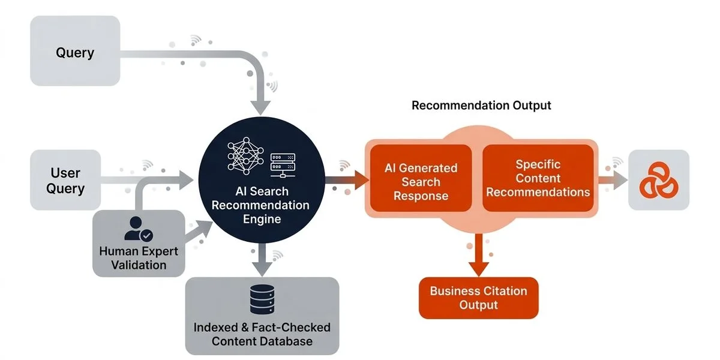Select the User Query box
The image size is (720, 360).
click(65, 180)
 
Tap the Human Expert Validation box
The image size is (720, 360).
click(139, 243)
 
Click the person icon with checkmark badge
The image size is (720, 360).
click(139, 229)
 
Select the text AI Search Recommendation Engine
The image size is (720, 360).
click(261, 205)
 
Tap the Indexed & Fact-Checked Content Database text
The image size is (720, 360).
click(262, 334)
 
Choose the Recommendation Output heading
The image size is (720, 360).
click(481, 106)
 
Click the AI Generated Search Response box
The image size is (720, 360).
click(421, 182)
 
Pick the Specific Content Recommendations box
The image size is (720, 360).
click(538, 178)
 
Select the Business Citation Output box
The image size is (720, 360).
click(478, 298)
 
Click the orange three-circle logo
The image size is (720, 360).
click(658, 180)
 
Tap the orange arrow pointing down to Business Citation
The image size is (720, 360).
click(478, 264)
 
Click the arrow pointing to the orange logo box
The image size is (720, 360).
click(614, 179)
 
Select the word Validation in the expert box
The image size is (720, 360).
click(139, 265)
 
